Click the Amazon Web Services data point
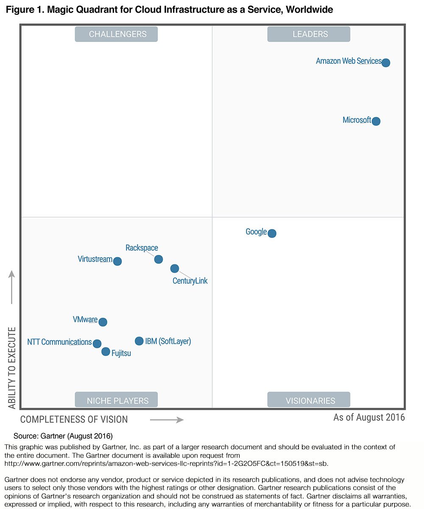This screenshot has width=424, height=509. tap(385, 63)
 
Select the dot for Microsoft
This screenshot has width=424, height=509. tap(376, 121)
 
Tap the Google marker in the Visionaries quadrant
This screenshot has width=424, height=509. tap(272, 233)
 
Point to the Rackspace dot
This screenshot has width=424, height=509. tap(159, 259)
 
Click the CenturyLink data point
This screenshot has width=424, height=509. tap(175, 268)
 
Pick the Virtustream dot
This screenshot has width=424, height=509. tap(117, 261)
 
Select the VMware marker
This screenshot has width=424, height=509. tap(103, 322)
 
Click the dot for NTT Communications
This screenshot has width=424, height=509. tap(97, 344)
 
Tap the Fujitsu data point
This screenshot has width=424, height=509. tap(106, 352)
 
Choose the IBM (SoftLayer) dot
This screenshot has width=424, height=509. tap(139, 341)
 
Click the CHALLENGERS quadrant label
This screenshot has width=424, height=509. tap(116, 34)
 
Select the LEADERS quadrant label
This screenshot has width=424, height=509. tap(309, 34)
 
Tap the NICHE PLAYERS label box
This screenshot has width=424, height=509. tap(116, 400)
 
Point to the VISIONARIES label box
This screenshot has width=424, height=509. tap(309, 400)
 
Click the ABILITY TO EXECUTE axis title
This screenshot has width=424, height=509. tap(12, 367)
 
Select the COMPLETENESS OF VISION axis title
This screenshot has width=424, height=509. tap(74, 420)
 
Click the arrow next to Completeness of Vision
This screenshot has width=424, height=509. tap(167, 420)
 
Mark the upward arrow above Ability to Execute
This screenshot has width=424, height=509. tap(12, 287)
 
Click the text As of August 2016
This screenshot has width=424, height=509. tap(369, 417)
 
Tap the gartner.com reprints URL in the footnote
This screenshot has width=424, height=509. tap(166, 463)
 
